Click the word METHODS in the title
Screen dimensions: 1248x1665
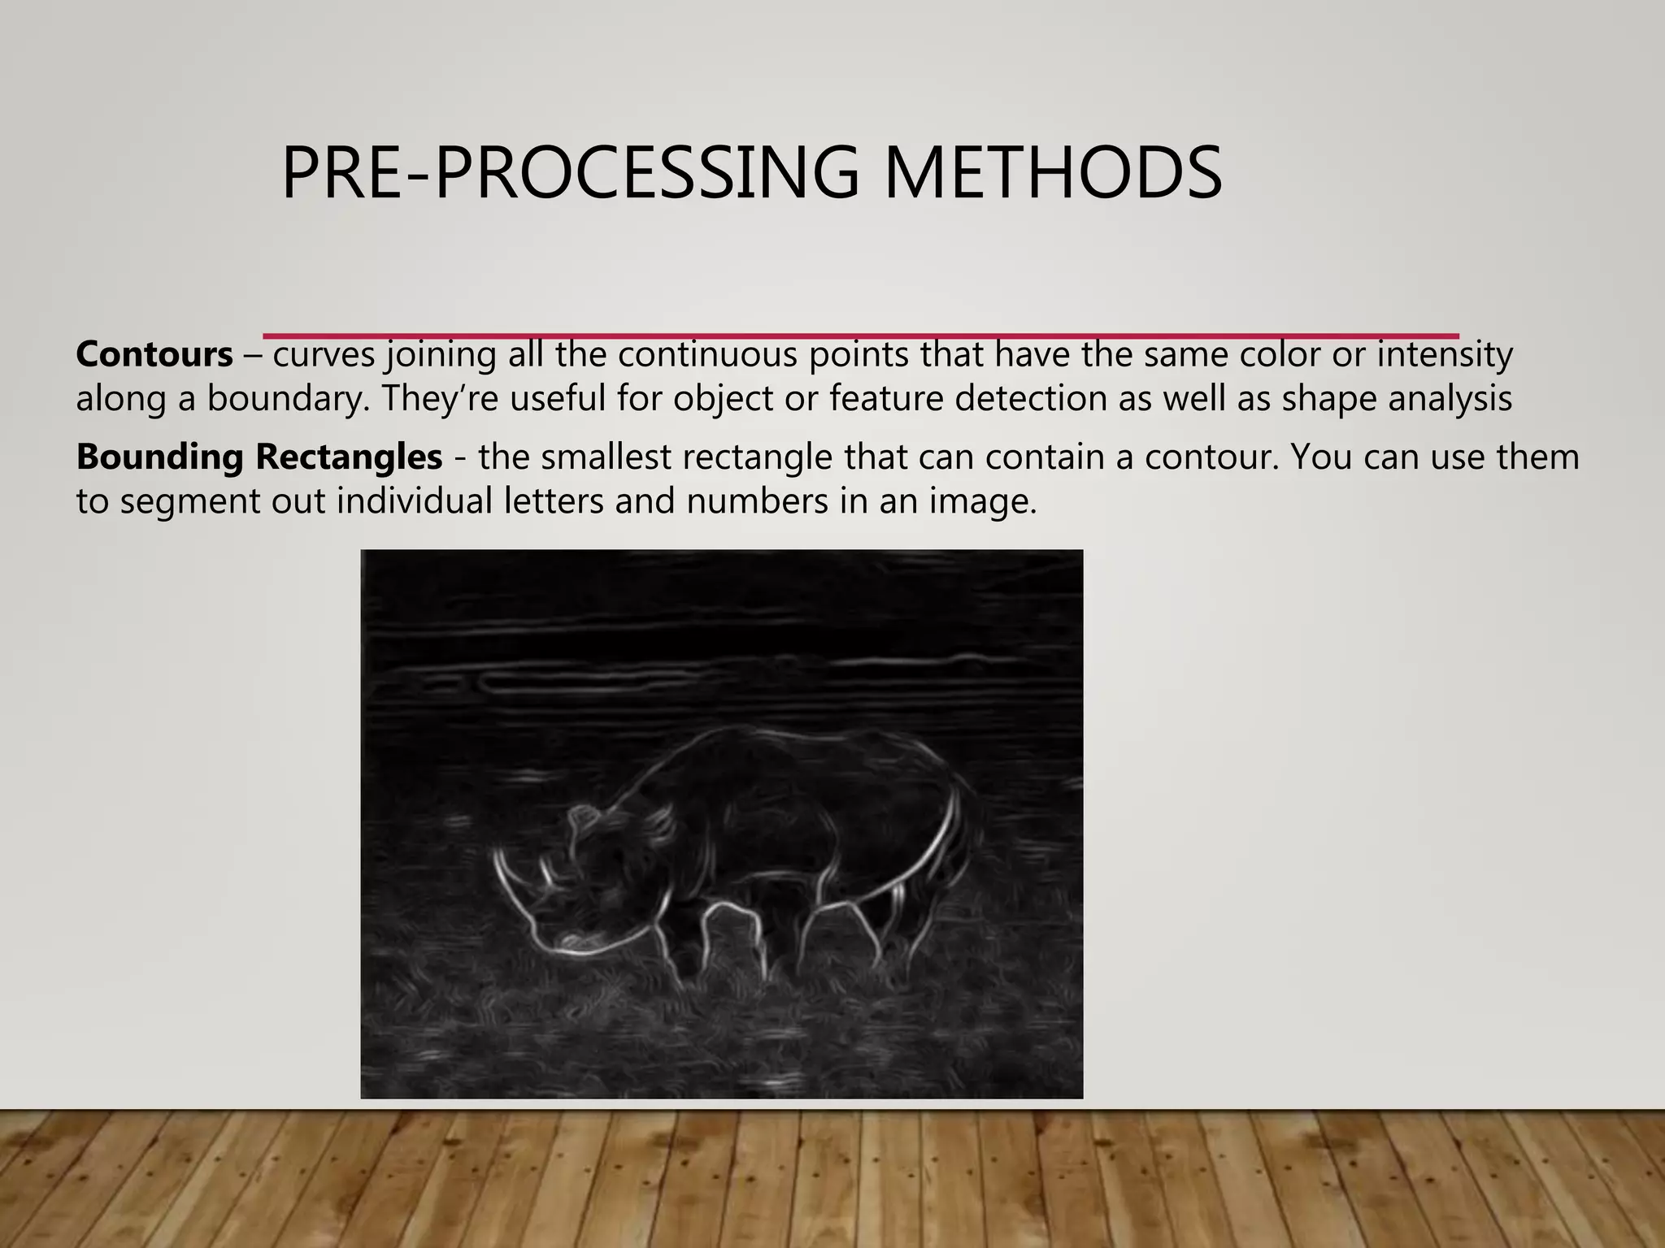point(1053,172)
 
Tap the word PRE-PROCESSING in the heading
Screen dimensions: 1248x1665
point(569,172)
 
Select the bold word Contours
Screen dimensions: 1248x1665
point(154,354)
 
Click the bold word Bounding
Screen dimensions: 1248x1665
point(160,457)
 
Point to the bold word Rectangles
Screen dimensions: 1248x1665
point(350,457)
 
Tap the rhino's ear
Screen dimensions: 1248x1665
point(580,817)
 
